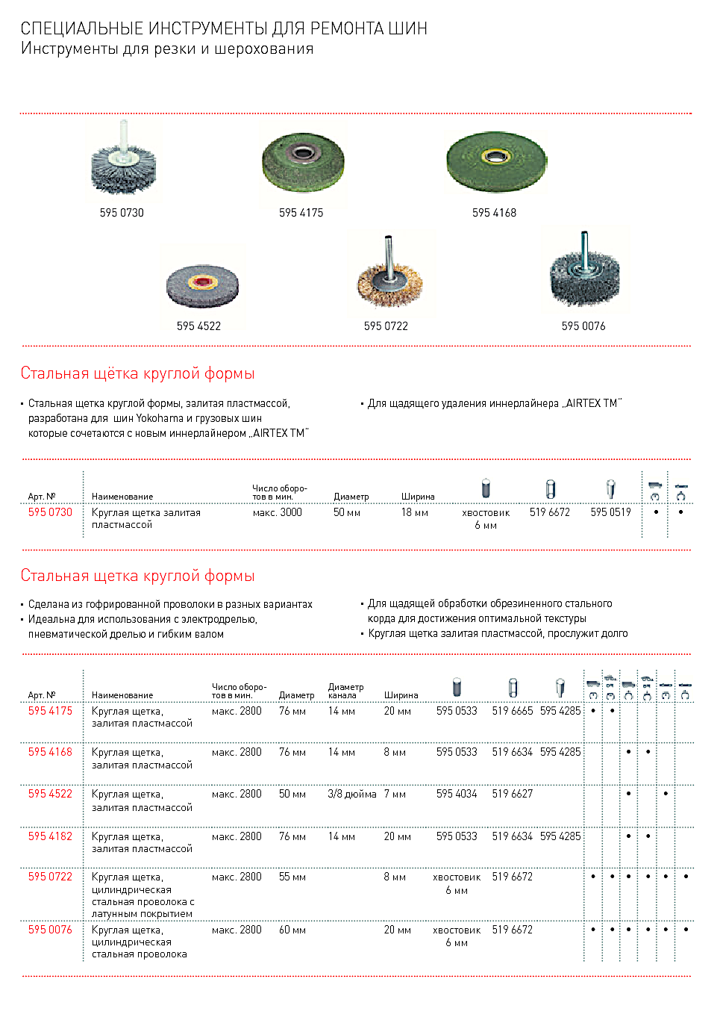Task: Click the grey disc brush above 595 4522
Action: [202, 285]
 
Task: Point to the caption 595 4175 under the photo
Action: [301, 213]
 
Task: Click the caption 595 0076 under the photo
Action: [583, 326]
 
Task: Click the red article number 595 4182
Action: [50, 836]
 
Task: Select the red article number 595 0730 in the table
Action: [50, 512]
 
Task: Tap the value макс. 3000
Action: [278, 512]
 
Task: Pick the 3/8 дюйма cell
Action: [351, 794]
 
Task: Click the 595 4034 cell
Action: [457, 794]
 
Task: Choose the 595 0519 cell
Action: [610, 512]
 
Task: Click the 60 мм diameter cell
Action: [292, 930]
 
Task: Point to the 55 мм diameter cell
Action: [292, 877]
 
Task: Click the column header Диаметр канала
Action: [345, 691]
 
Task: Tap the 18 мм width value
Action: [415, 512]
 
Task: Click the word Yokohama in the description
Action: [160, 418]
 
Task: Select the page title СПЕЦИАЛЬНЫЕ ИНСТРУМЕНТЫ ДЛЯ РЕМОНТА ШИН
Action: [224, 28]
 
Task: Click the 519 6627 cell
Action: [513, 794]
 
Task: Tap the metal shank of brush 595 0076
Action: [584, 246]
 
